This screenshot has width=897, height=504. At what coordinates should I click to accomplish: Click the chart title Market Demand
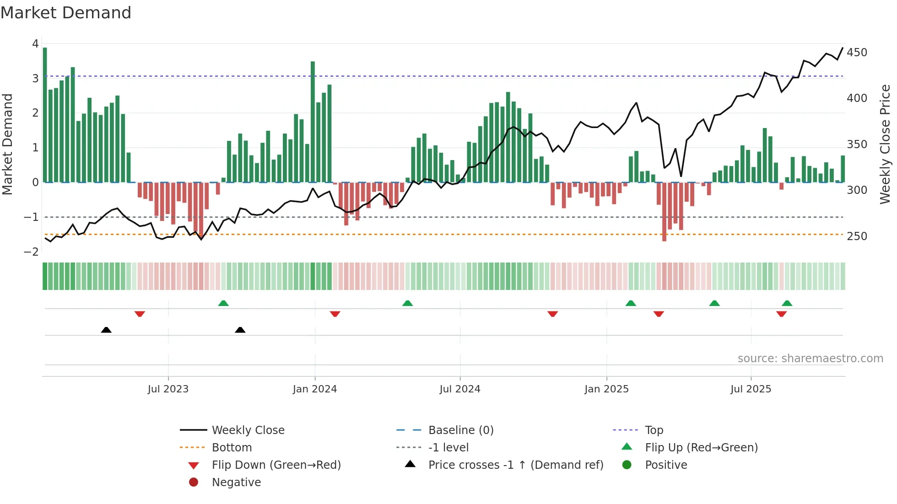[x=66, y=13]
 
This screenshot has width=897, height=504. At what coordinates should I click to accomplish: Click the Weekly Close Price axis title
[x=885, y=144]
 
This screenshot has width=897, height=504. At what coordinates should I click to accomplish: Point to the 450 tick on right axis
[x=857, y=53]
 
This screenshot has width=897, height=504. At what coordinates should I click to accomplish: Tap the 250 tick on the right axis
[x=857, y=236]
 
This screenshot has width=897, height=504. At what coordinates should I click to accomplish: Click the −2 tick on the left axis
[x=32, y=252]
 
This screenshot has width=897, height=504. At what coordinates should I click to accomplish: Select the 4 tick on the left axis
[x=35, y=44]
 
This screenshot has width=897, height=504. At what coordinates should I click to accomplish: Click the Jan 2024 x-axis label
[x=315, y=389]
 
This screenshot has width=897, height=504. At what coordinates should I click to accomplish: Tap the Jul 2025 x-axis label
[x=751, y=389]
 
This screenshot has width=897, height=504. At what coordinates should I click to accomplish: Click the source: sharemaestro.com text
[x=810, y=359]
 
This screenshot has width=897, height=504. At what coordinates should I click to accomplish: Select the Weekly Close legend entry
[x=248, y=430]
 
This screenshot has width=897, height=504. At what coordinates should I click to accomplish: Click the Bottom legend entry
[x=232, y=448]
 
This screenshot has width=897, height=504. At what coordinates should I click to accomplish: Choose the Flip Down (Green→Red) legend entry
[x=276, y=465]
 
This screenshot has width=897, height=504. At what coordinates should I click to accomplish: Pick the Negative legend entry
[x=236, y=483]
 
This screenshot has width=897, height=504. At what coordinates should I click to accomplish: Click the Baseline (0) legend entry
[x=460, y=430]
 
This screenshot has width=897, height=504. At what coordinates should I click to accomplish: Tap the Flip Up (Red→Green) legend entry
[x=701, y=448]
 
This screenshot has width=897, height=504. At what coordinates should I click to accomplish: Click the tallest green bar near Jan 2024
[x=313, y=122]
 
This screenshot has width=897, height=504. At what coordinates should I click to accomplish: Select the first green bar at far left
[x=45, y=114]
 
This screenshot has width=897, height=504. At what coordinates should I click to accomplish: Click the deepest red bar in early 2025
[x=664, y=211]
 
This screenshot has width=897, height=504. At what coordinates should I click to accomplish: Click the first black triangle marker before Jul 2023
[x=106, y=330]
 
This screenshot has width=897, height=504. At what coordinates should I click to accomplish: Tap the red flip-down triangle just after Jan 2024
[x=335, y=314]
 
